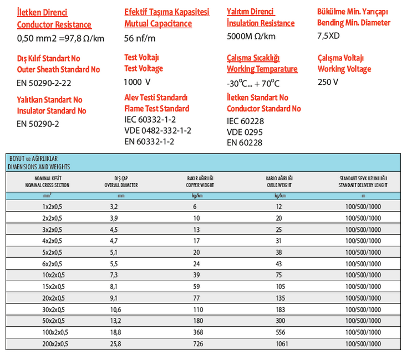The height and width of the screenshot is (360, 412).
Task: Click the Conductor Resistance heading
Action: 54,24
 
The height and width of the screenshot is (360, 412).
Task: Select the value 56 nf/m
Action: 140,38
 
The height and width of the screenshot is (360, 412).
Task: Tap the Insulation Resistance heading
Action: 260,23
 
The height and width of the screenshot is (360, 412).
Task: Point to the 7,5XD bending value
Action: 329,36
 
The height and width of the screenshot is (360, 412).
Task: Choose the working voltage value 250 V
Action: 328,82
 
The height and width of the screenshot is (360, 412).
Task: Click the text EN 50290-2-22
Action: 44,83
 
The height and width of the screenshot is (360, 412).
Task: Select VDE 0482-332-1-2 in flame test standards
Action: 157,130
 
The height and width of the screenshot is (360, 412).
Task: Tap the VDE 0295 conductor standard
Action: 245,132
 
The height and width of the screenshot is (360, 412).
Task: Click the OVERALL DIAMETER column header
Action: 121,185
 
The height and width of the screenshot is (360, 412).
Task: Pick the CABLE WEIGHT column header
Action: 279,185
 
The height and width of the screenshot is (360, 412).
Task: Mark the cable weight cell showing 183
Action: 281,310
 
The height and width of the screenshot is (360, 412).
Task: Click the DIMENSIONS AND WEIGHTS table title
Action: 39,166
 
